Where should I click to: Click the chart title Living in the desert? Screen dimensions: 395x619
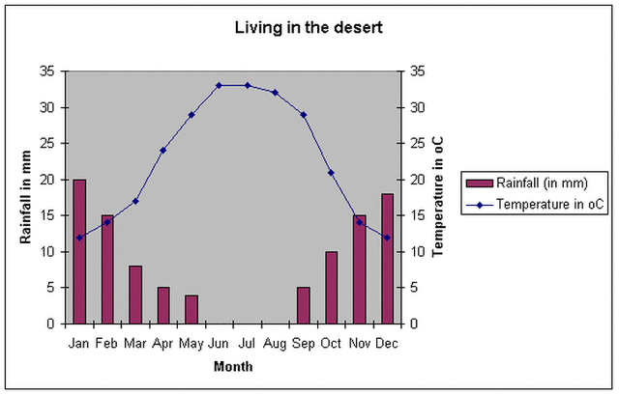pos(309,27)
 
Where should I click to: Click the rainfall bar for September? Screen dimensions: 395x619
pos(303,305)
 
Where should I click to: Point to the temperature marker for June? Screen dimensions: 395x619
pos(219,85)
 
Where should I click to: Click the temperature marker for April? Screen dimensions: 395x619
pos(162,150)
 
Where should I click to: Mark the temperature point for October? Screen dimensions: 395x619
pos(331,172)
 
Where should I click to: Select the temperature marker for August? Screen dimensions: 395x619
pos(275,93)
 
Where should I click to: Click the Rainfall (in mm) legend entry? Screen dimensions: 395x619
pos(537,183)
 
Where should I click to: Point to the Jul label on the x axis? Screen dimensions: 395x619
pos(247,342)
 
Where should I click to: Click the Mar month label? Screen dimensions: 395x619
pos(135,342)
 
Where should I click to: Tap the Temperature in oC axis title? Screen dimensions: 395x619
pos(437,197)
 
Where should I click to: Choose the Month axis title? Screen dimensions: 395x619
pos(232,367)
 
